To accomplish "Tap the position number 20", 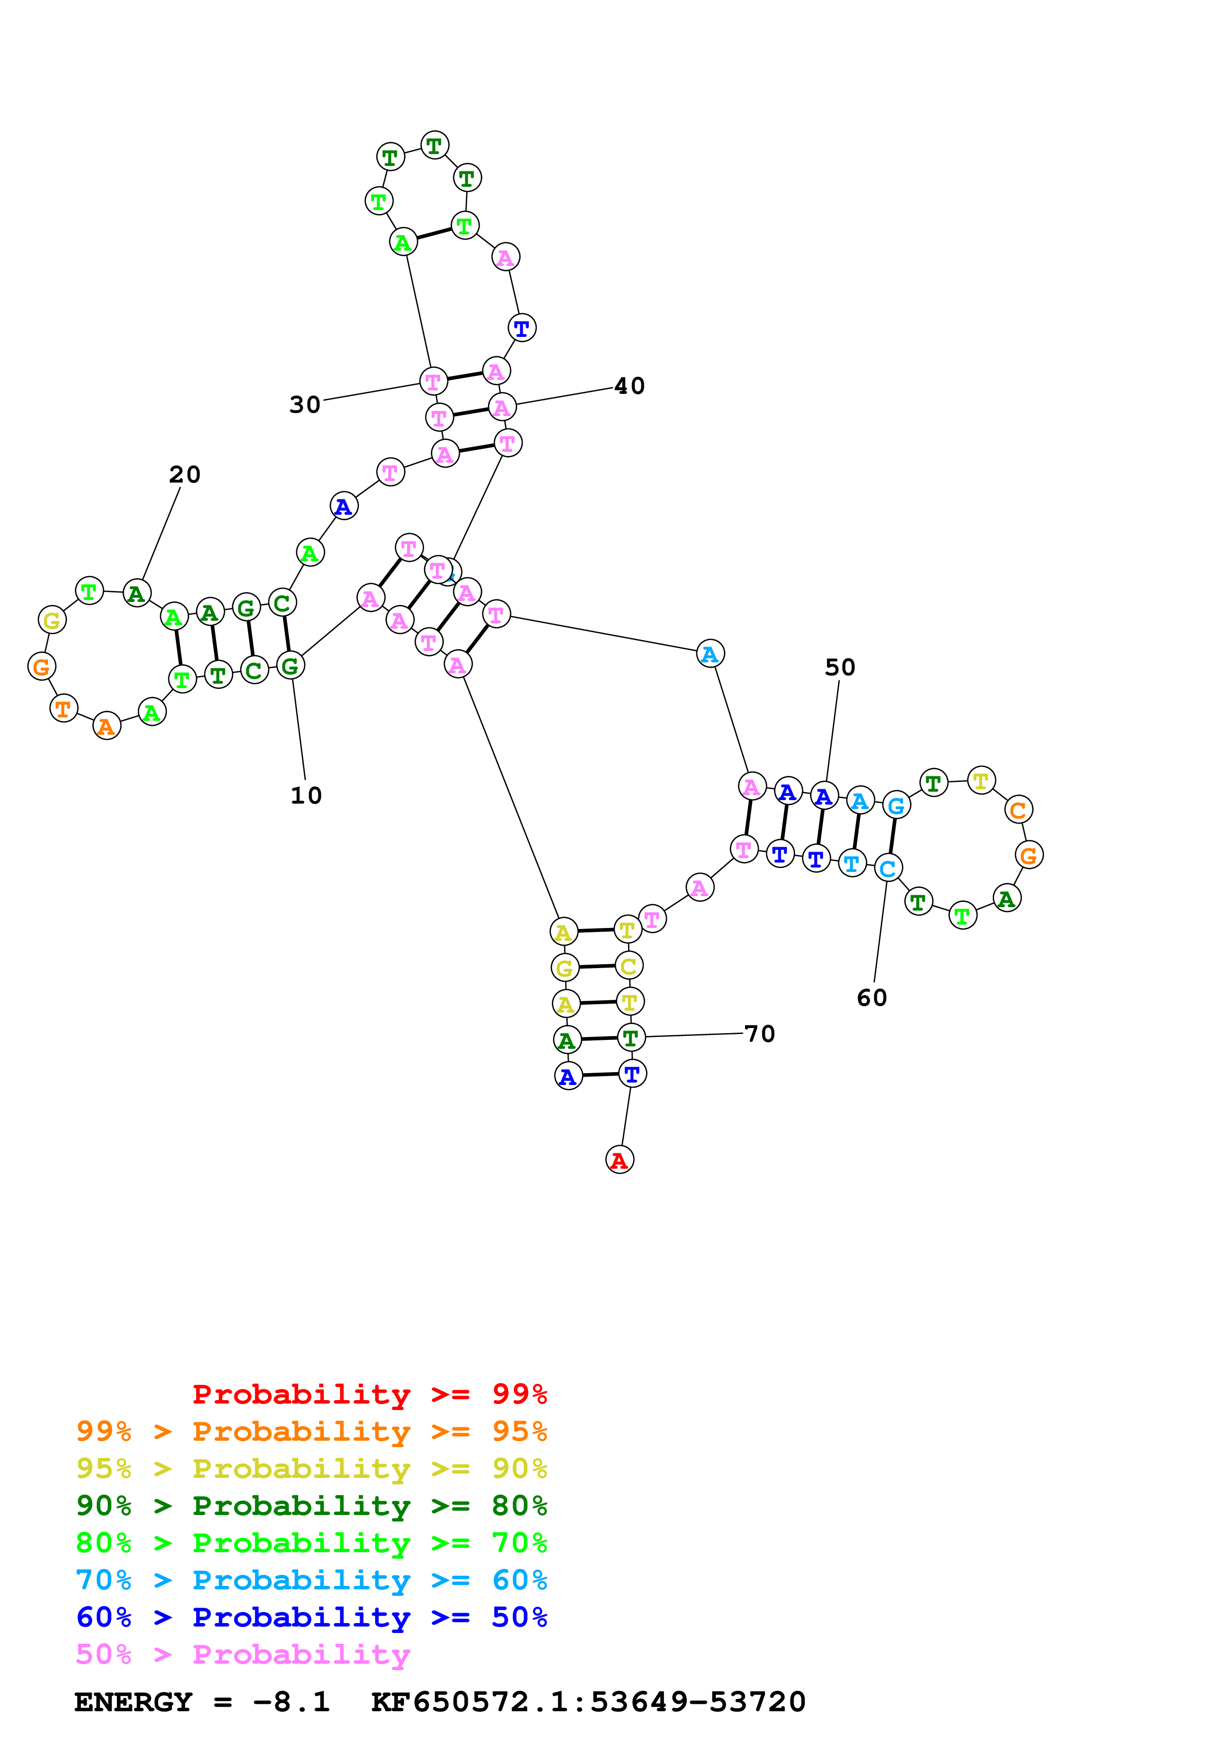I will point(185,475).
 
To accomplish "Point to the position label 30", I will point(305,405).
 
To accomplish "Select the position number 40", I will point(630,386).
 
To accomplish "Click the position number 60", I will point(872,998).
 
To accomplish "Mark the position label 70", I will point(760,1034).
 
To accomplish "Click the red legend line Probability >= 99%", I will point(369,1394).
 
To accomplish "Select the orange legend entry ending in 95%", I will point(311,1431).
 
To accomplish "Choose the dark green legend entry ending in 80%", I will point(311,1506).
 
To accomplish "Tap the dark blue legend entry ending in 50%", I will point(311,1617).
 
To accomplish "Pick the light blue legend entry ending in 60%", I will point(311,1580).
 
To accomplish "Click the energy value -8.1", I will point(291,1702).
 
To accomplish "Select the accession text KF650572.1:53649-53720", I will point(588,1702).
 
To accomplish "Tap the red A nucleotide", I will point(620,1160).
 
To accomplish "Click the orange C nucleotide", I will point(1018,810).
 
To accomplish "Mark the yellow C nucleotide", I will point(628,966).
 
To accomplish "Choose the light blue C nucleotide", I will point(888,868).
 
